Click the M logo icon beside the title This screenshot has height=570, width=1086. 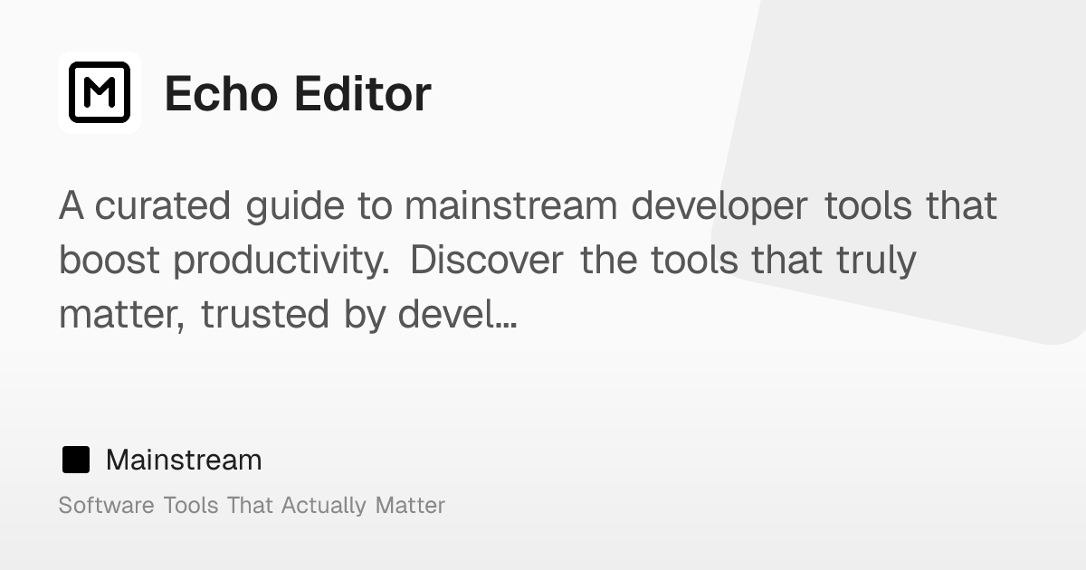click(100, 92)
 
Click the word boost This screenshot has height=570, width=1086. click(110, 261)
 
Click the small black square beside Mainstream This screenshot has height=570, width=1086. click(76, 460)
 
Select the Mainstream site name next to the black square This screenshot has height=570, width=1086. click(184, 460)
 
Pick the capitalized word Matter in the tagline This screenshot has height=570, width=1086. click(410, 505)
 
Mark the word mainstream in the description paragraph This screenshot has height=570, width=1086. click(511, 206)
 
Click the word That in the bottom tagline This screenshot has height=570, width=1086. click(250, 505)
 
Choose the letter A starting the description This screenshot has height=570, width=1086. click(71, 206)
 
